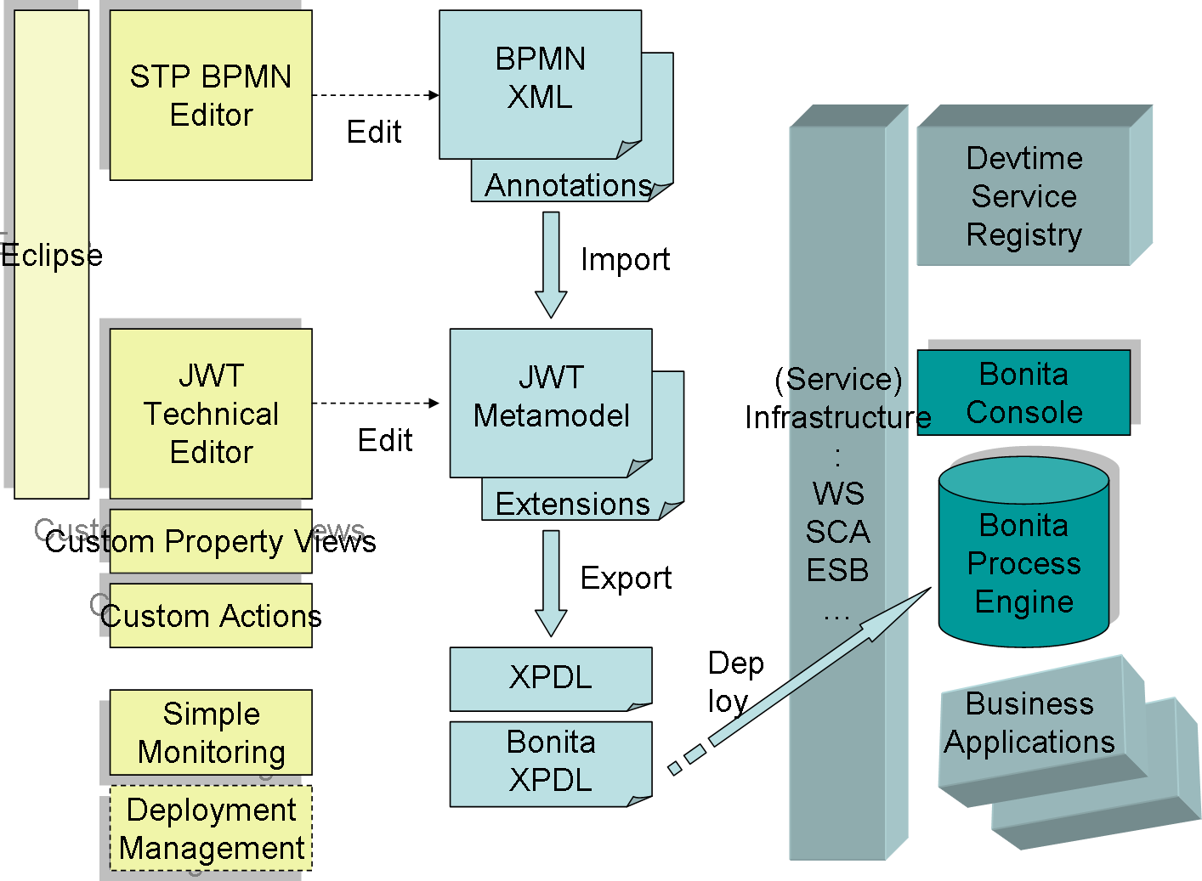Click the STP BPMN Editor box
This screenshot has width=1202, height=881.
211,95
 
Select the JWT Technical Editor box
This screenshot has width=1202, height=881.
211,414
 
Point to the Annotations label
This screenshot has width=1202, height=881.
568,185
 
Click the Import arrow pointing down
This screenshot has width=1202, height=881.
551,264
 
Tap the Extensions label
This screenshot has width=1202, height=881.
572,504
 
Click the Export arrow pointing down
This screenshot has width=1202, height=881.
551,583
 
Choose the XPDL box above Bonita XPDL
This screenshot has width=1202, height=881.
550,678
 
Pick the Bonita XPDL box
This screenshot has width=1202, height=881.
550,762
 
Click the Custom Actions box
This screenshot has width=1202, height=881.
211,615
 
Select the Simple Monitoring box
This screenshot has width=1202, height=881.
211,732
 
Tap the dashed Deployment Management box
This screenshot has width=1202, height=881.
211,828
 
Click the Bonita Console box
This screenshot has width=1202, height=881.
1023,392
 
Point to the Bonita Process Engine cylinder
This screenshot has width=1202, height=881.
1023,563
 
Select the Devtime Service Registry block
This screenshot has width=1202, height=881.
1023,196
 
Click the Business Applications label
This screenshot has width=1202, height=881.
1029,723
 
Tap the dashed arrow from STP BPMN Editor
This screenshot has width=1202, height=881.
375,95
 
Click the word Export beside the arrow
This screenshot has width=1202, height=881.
626,578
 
